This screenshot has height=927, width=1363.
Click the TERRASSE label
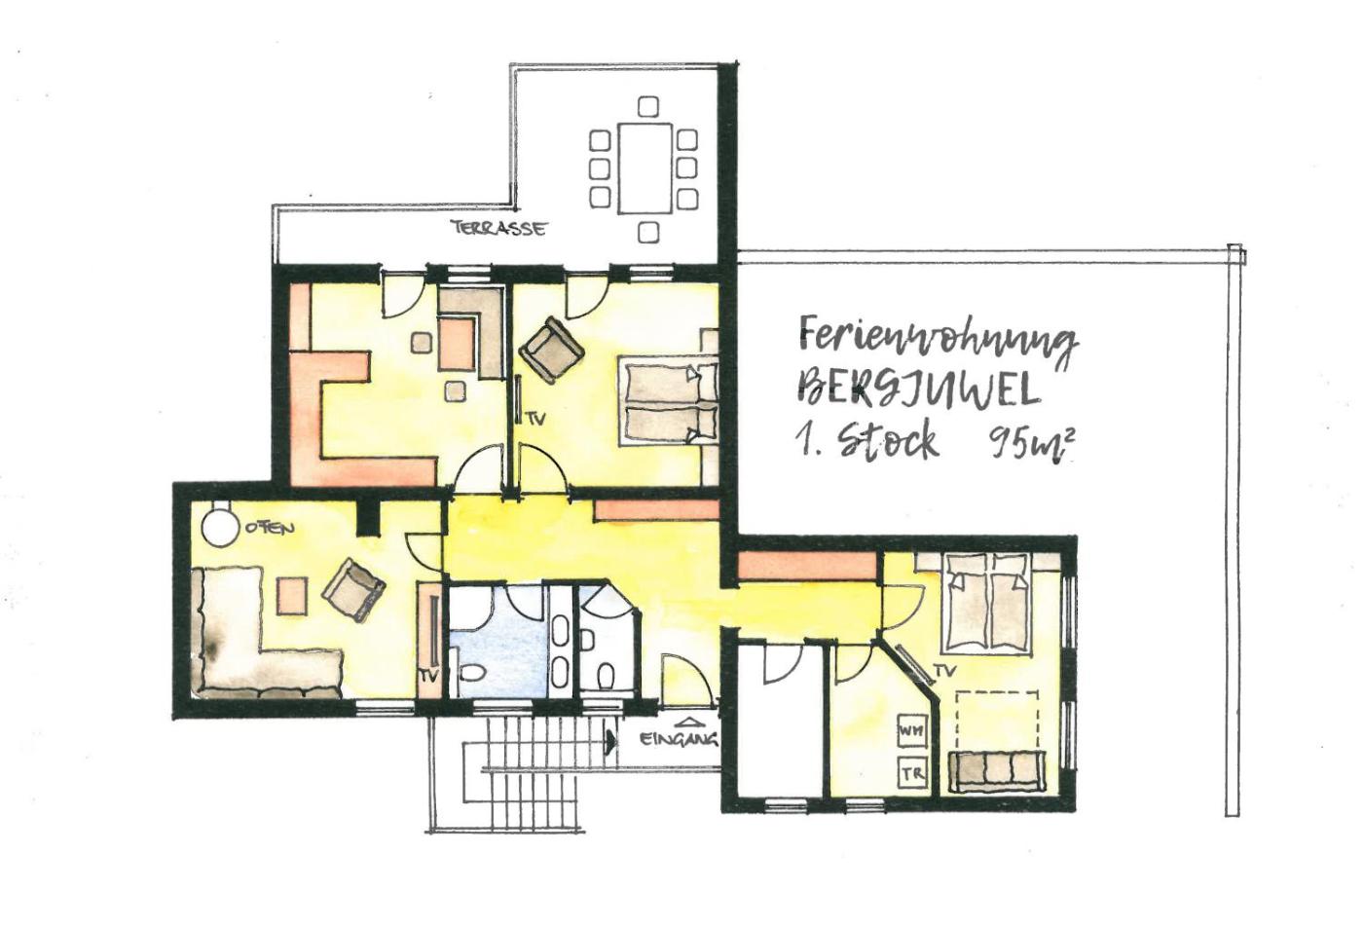click(497, 228)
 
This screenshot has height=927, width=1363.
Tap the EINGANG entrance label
click(679, 739)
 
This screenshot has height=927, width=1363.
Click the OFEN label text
click(271, 527)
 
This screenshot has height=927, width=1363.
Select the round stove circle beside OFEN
click(218, 527)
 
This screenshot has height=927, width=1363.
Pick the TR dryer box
click(912, 774)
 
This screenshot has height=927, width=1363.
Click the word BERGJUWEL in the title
click(917, 389)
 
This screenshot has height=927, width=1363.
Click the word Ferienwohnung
click(938, 342)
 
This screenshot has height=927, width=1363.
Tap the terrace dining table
click(645, 168)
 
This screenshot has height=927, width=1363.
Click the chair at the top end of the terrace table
click(648, 106)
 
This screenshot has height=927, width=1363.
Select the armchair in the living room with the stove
click(353, 590)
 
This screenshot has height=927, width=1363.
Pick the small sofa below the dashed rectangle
click(996, 772)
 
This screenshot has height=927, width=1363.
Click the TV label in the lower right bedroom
click(946, 671)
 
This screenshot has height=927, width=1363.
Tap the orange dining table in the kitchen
click(457, 344)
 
